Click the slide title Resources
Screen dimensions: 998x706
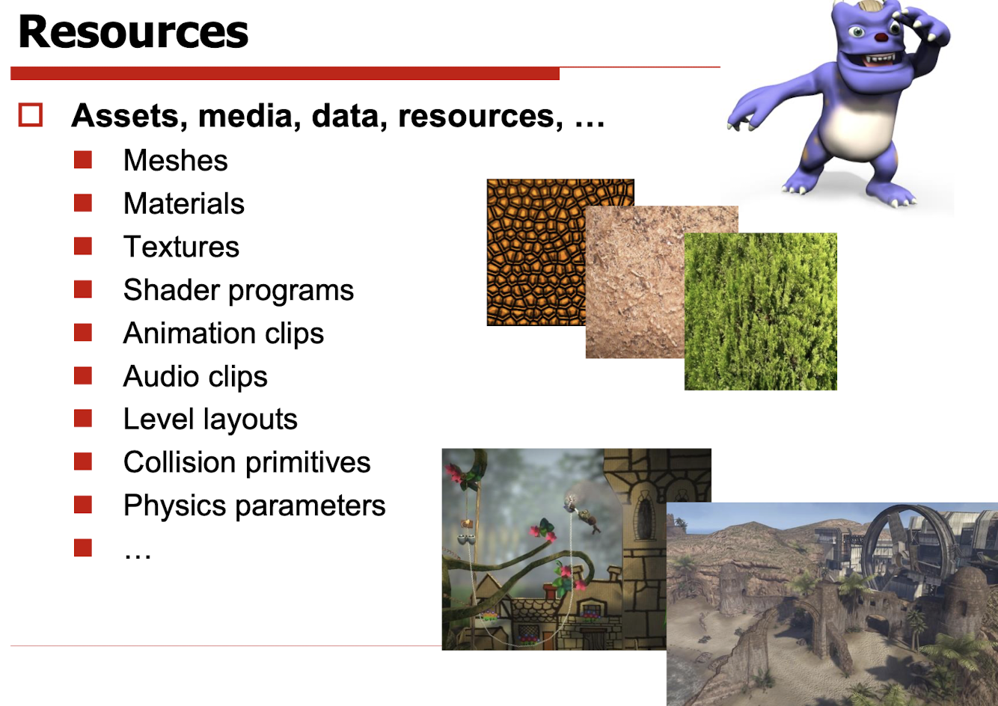pos(132,31)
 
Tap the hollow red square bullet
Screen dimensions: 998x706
pos(31,115)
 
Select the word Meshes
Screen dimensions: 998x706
pos(176,160)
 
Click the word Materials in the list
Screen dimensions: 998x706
pos(184,203)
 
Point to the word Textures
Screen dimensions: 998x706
pos(181,247)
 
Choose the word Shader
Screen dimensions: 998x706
pos(171,290)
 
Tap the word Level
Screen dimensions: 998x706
pos(159,419)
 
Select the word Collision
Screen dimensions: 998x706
pos(180,462)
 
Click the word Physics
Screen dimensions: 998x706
pos(174,506)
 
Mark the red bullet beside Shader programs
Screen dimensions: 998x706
pos(83,289)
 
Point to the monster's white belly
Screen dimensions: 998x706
pos(856,127)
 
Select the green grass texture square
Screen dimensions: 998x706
pos(761,311)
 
